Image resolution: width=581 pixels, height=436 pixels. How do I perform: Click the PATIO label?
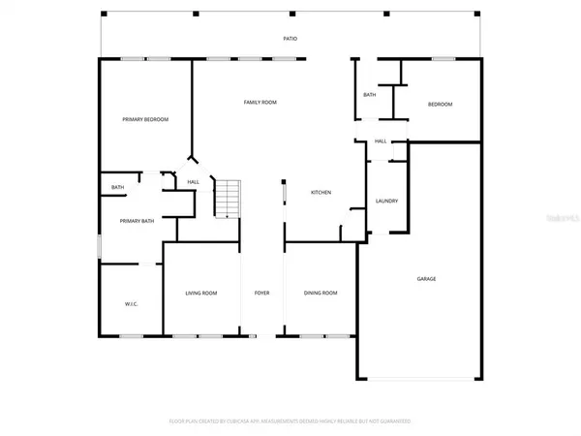click(x=290, y=39)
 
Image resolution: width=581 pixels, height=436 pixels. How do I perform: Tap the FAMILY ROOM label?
click(x=260, y=102)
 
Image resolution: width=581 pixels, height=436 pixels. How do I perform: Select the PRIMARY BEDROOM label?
click(x=145, y=119)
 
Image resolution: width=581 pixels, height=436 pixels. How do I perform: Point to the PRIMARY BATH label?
click(x=137, y=221)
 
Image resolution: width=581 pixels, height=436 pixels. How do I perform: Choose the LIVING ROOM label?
click(x=201, y=293)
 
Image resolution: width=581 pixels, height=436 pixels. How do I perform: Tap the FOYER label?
click(x=261, y=293)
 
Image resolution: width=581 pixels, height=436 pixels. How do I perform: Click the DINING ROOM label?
click(x=321, y=293)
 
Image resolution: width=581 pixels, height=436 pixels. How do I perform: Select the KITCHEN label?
click(x=321, y=193)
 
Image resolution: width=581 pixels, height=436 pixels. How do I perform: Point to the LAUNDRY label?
click(x=386, y=201)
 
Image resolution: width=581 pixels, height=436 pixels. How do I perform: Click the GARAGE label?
click(x=426, y=279)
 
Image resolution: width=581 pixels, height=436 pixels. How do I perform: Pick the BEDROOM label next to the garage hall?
click(x=440, y=105)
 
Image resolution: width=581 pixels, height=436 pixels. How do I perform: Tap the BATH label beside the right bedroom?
click(x=370, y=95)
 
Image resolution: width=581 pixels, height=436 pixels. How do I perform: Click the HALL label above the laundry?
click(x=381, y=141)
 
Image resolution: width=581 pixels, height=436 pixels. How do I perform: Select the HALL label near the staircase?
click(x=194, y=182)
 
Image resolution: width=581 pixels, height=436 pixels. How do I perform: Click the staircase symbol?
click(x=227, y=199)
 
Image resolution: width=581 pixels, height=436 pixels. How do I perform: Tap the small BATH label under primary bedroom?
click(x=117, y=187)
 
